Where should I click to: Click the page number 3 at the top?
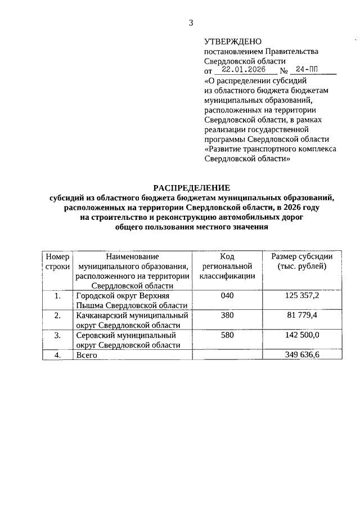(x=191, y=23)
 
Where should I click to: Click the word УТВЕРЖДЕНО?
(x=233, y=41)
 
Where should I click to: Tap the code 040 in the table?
(x=227, y=295)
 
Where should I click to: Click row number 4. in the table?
(x=57, y=355)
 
